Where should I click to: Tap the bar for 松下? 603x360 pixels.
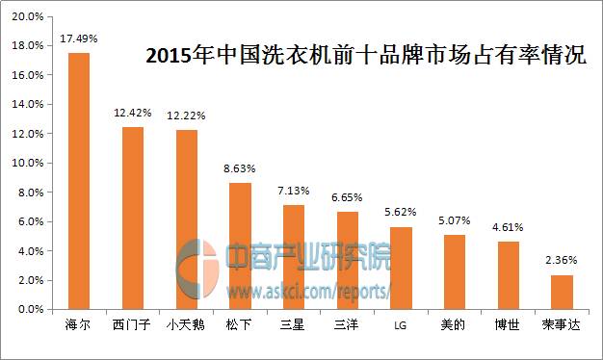pyautogui.click(x=240, y=245)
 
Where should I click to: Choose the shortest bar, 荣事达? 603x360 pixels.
pyautogui.click(x=562, y=292)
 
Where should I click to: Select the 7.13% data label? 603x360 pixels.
pyautogui.click(x=294, y=191)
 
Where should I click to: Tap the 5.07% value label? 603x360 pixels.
pyautogui.click(x=454, y=220)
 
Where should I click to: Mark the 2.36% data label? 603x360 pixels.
pyautogui.click(x=562, y=260)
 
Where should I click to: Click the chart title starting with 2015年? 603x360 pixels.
pyautogui.click(x=365, y=55)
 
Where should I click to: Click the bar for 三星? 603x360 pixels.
pyautogui.click(x=294, y=257)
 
